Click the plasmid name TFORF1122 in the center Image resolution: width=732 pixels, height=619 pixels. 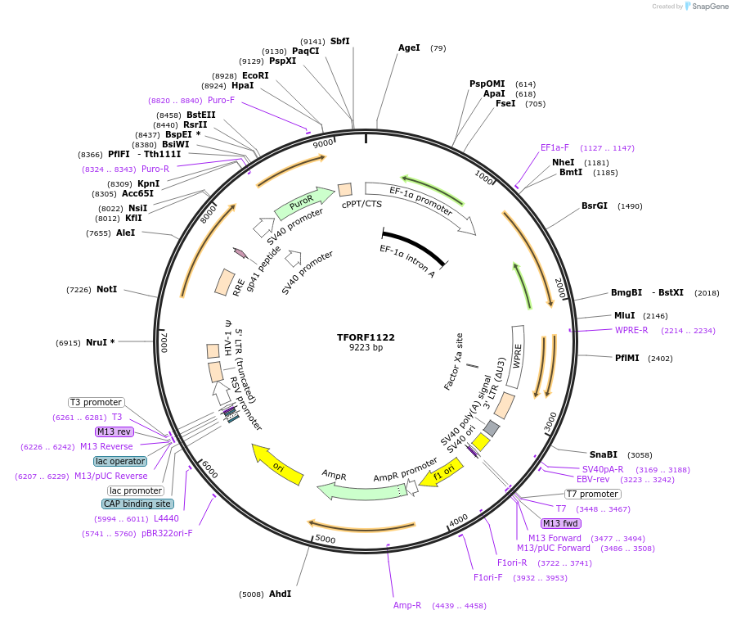tap(366, 337)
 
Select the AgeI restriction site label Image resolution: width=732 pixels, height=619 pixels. tap(409, 47)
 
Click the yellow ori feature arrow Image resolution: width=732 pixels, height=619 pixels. tap(277, 463)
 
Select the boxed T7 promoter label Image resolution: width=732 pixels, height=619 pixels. tap(593, 495)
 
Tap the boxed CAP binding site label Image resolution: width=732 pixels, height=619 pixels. tap(137, 504)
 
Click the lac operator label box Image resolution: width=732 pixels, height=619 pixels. tap(120, 462)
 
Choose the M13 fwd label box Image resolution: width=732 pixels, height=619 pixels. tap(560, 523)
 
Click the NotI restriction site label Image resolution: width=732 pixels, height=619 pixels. tap(106, 290)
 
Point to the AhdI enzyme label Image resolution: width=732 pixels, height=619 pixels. tap(280, 594)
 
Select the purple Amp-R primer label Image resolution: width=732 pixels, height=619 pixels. tap(407, 606)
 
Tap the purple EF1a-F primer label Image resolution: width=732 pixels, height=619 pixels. tap(555, 148)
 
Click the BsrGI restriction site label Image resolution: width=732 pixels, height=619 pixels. tap(595, 206)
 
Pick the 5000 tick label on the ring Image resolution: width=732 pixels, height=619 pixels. tap(326, 539)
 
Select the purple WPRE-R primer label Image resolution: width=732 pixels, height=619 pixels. tap(631, 331)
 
